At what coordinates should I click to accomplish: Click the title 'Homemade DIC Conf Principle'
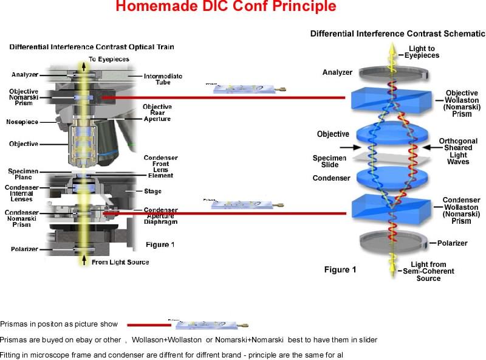pyautogui.click(x=225, y=7)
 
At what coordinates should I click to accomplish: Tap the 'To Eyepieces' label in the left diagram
pyautogui.click(x=111, y=59)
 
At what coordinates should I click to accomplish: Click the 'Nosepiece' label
pyautogui.click(x=22, y=122)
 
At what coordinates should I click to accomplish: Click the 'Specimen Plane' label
pyautogui.click(x=24, y=175)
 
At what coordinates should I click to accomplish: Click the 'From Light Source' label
pyautogui.click(x=119, y=262)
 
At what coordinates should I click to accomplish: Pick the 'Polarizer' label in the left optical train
pyautogui.click(x=24, y=249)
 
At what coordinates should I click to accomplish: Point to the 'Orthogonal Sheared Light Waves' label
pyautogui.click(x=458, y=151)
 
